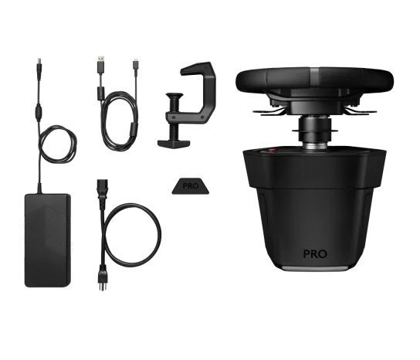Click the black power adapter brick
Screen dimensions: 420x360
pos(48,240)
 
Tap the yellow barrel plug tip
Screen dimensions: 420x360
pos(39,59)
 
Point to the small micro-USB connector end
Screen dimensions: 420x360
pos(136,63)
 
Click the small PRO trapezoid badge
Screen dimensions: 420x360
pos(190,185)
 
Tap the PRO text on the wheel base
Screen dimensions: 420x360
pos(315,254)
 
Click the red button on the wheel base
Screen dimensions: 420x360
pos(272,151)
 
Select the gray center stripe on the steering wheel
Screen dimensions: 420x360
pos(314,77)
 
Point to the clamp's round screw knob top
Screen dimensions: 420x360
pos(174,96)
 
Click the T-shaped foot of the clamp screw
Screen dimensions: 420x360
pos(174,144)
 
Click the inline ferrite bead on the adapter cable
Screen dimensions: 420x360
pos(39,110)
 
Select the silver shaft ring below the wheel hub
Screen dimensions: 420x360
pos(315,145)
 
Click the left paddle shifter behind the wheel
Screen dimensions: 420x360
pos(269,112)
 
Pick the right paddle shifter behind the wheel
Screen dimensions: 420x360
pos(361,111)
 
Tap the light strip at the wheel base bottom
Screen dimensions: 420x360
pos(315,268)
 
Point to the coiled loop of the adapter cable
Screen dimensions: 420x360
pos(58,144)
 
